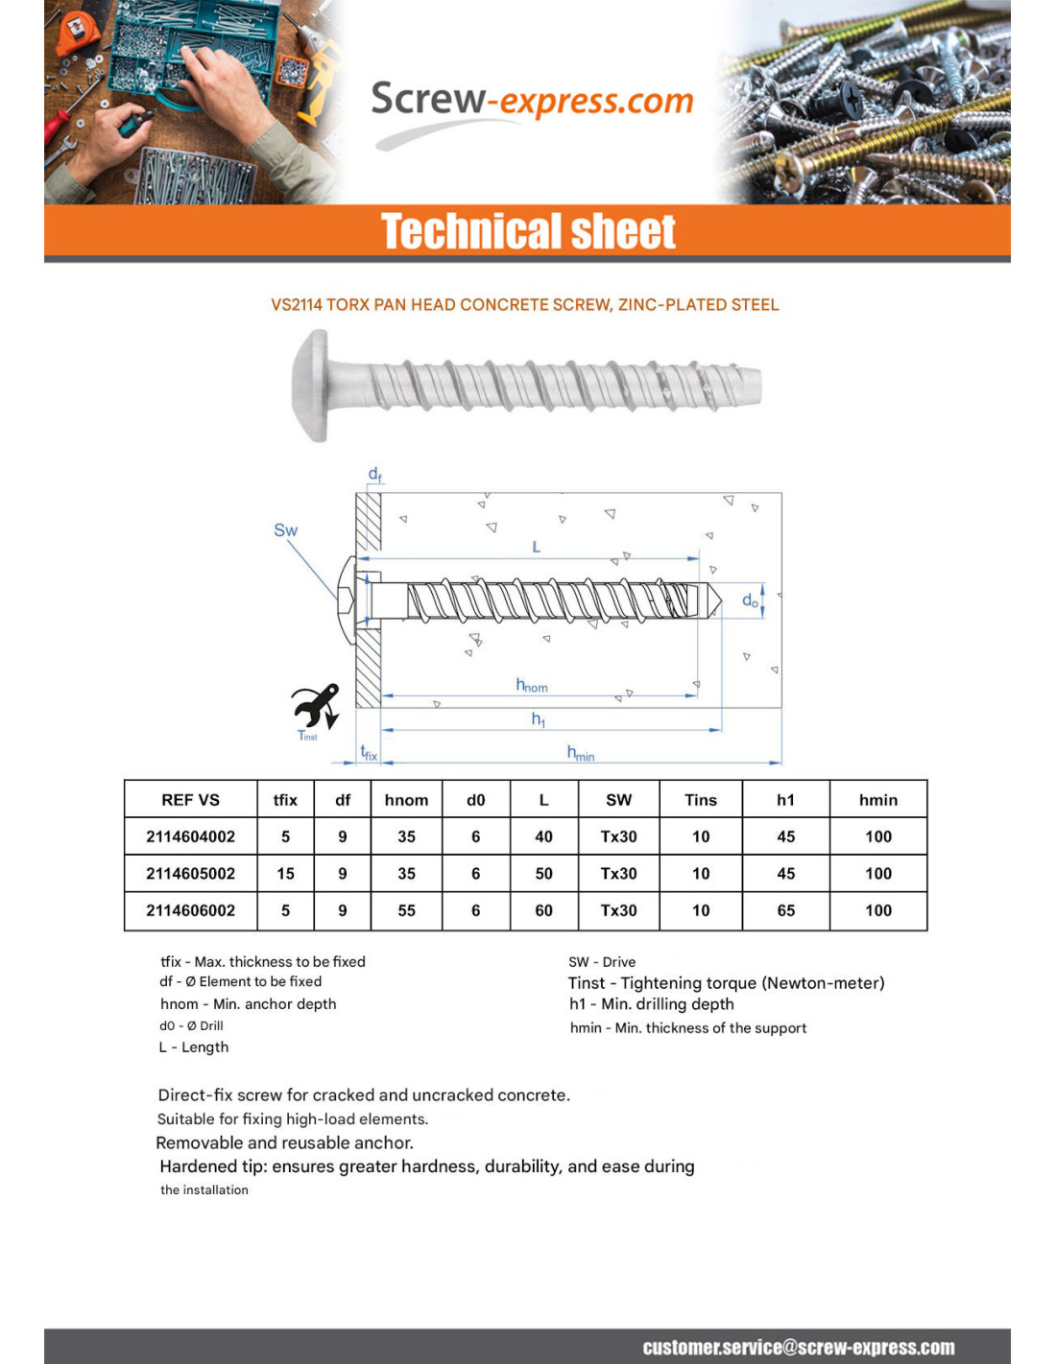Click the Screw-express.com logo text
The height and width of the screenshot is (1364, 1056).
pyautogui.click(x=531, y=101)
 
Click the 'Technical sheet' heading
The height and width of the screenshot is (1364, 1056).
pyautogui.click(x=528, y=232)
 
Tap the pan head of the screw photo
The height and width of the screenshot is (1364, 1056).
pyautogui.click(x=312, y=386)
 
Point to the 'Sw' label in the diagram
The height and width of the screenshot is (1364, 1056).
pyautogui.click(x=285, y=530)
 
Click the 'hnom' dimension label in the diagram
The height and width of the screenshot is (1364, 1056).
pyautogui.click(x=532, y=685)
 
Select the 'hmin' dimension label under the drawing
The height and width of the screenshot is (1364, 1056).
pyautogui.click(x=580, y=754)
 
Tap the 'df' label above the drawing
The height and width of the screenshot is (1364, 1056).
pyautogui.click(x=374, y=475)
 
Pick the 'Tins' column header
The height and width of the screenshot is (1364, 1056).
pyautogui.click(x=701, y=800)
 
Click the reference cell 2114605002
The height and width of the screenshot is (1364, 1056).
pyautogui.click(x=190, y=874)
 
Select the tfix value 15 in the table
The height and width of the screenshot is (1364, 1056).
pyautogui.click(x=285, y=874)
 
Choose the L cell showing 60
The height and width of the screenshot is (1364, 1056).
pyautogui.click(x=543, y=910)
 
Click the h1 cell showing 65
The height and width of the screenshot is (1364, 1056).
pyautogui.click(x=785, y=910)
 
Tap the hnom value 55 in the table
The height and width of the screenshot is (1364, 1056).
pyautogui.click(x=406, y=910)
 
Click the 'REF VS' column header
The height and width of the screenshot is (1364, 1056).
pyautogui.click(x=190, y=800)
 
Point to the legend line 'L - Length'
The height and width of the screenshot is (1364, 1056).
pyautogui.click(x=194, y=1047)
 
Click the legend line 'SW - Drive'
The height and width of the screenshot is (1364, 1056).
pyautogui.click(x=602, y=962)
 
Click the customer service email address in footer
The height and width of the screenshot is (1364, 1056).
pyautogui.click(x=798, y=1348)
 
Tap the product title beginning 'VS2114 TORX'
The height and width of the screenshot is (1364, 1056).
pyautogui.click(x=525, y=305)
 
